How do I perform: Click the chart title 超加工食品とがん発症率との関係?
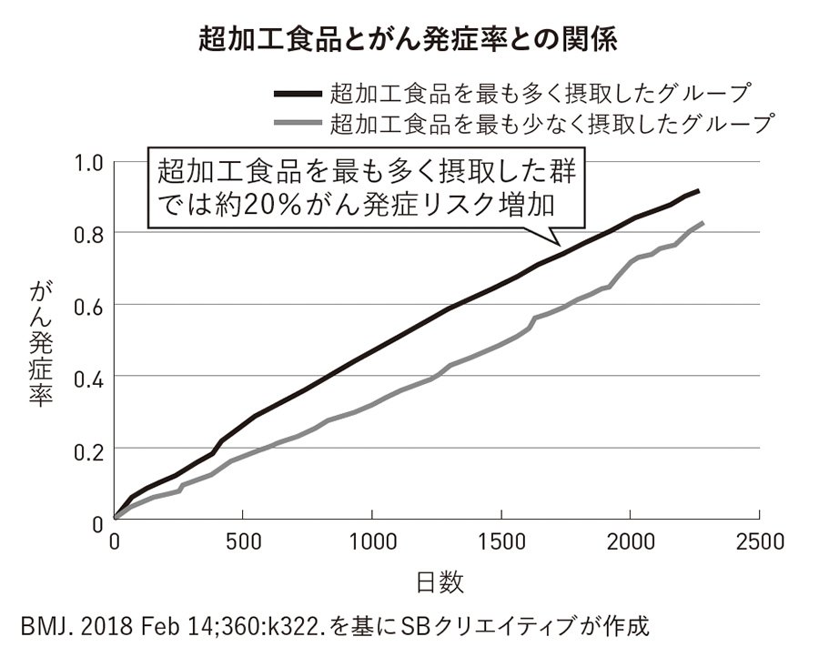409,41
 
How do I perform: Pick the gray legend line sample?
296,122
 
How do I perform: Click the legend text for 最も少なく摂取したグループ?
551,122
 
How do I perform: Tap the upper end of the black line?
697,190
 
